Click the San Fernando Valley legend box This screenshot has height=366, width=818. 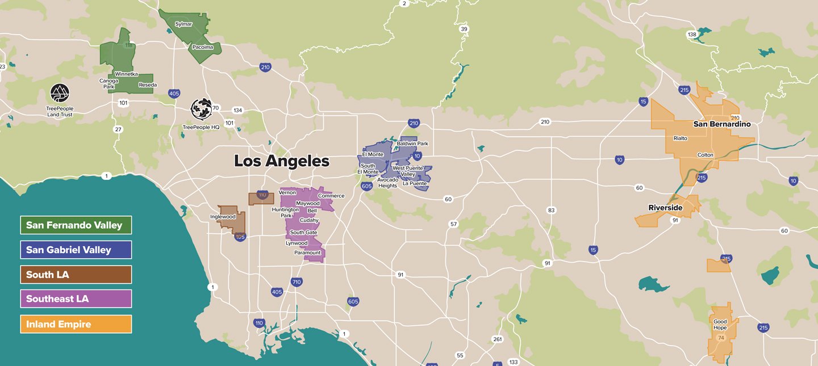click(x=76, y=225)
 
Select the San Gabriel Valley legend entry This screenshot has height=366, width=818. click(x=76, y=250)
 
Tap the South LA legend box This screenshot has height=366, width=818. click(x=76, y=275)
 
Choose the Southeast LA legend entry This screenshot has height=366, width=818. click(x=76, y=299)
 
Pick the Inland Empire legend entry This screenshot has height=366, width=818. click(x=76, y=324)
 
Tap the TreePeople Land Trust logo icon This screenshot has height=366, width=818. click(x=60, y=92)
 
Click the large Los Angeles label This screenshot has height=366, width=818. click(x=282, y=161)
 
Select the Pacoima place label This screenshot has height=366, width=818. click(x=202, y=47)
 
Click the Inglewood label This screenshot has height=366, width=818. click(x=223, y=217)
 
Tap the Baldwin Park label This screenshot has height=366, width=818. click(x=412, y=144)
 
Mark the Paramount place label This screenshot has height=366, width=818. click(x=307, y=253)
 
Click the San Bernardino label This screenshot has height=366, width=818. click(x=722, y=124)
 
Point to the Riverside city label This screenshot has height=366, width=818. click(x=665, y=208)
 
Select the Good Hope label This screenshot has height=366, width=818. click(x=720, y=325)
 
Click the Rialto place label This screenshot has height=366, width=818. click(x=680, y=138)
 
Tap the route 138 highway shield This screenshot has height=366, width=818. click(x=692, y=35)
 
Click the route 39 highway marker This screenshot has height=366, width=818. click(x=464, y=29)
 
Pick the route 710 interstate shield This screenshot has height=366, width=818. click(x=296, y=281)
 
